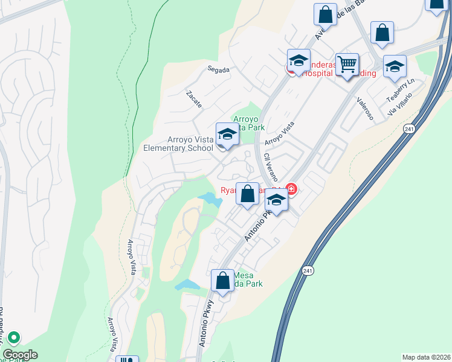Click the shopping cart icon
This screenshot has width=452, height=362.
click(x=347, y=63)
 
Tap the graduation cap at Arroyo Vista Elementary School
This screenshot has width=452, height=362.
click(x=227, y=134)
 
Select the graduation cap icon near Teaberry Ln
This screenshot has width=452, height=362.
click(x=395, y=66)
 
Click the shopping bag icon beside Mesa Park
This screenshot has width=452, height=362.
click(x=222, y=281)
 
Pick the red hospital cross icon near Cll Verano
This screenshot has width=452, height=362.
click(x=292, y=189)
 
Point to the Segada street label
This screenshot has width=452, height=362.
click(x=218, y=70)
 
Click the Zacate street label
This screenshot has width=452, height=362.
click(x=194, y=100)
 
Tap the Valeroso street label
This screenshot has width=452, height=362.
click(x=364, y=109)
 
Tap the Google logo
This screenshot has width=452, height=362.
click(x=19, y=355)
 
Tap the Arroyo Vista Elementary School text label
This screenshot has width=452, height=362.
click(x=178, y=144)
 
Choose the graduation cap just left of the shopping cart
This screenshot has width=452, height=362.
click(x=299, y=60)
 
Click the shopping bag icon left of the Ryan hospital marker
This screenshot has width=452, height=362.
click(x=247, y=194)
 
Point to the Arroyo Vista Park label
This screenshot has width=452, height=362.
click(x=249, y=123)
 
